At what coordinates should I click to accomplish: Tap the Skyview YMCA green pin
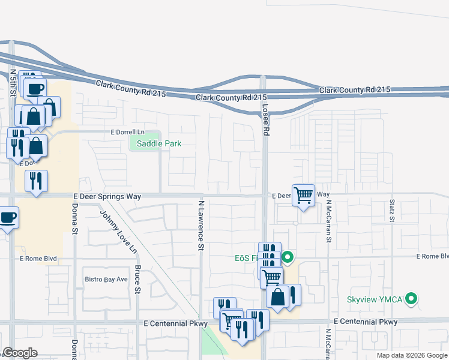(x=411, y=298)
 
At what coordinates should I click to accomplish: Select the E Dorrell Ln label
(x=128, y=132)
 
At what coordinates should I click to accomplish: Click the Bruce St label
(x=137, y=280)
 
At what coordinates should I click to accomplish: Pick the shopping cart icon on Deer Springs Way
(x=304, y=194)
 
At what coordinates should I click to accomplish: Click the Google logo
(x=20, y=353)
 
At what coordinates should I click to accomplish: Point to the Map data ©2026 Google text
(x=412, y=355)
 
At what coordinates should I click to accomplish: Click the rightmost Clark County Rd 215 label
(x=355, y=90)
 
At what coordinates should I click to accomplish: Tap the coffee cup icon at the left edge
(x=8, y=217)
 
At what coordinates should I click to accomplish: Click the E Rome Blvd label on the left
(x=38, y=259)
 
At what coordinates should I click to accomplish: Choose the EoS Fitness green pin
(x=288, y=258)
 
